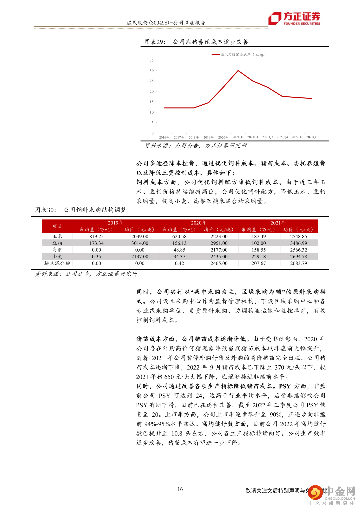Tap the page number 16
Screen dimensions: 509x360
pos(180,489)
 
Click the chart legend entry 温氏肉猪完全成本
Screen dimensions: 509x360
pos(238,54)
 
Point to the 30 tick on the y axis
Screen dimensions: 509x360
pos(152,71)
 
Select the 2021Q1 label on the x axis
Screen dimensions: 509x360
pos(238,137)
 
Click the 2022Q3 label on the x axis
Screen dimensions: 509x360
pos(312,137)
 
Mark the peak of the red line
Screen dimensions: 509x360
pos(238,71)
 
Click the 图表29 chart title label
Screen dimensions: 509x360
pos(155,42)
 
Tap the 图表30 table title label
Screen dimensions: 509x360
pos(46,210)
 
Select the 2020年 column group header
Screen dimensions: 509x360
pos(199,223)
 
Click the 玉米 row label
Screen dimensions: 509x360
pos(57,236)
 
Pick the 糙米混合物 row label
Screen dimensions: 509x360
pos(57,263)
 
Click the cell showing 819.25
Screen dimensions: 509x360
pos(96,236)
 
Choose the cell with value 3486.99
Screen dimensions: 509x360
pos(298,243)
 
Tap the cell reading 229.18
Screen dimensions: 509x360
pos(259,257)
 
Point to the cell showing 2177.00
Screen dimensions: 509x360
pos(219,250)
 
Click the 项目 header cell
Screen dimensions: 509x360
pos(57,226)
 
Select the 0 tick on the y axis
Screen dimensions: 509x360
pos(153,133)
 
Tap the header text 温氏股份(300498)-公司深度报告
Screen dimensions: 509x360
pos(166,23)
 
